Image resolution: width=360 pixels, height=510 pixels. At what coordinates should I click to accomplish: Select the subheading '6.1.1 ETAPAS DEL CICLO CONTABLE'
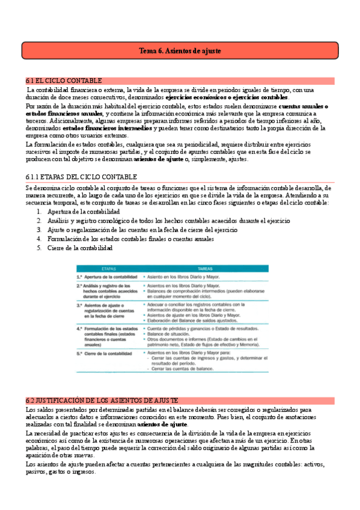[x=82, y=177]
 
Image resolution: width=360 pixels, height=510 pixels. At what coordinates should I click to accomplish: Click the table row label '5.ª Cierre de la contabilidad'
[x=100, y=353]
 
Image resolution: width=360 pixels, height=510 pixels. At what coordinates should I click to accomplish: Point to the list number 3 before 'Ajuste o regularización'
[x=40, y=230]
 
